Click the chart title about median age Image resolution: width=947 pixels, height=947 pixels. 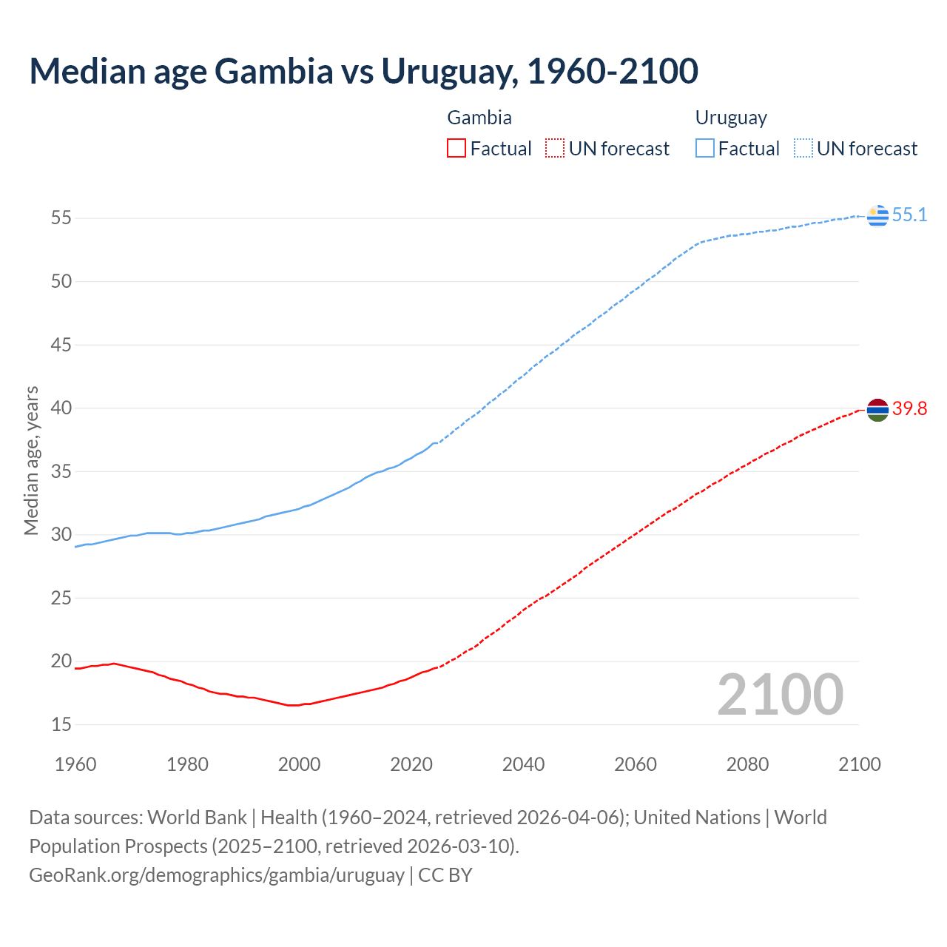(363, 71)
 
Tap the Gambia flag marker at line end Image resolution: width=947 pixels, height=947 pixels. (877, 409)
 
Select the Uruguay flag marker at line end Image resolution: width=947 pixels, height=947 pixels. (877, 215)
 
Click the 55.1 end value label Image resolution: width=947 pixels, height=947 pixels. (909, 215)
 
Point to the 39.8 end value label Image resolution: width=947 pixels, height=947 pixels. (909, 409)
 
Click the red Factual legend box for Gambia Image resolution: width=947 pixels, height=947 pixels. (456, 149)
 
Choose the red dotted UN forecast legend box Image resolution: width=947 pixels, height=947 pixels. (555, 149)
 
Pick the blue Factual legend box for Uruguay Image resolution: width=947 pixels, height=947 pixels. (705, 149)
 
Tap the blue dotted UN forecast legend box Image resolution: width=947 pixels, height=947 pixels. (803, 149)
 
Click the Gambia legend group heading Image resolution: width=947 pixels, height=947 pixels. (479, 118)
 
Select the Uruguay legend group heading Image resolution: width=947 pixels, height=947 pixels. (731, 118)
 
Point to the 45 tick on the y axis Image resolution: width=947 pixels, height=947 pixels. (61, 345)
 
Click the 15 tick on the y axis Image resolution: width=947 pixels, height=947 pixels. (61, 724)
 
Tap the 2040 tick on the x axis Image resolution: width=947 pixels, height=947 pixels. (523, 764)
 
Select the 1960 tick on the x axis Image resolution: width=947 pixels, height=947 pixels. (75, 764)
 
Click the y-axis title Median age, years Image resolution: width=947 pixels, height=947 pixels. (31, 460)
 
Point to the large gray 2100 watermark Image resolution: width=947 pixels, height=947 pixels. (780, 694)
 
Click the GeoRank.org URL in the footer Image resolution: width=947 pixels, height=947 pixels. (217, 875)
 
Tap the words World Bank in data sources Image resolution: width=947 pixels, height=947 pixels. (197, 818)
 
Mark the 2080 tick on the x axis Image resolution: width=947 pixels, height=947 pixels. (747, 764)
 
